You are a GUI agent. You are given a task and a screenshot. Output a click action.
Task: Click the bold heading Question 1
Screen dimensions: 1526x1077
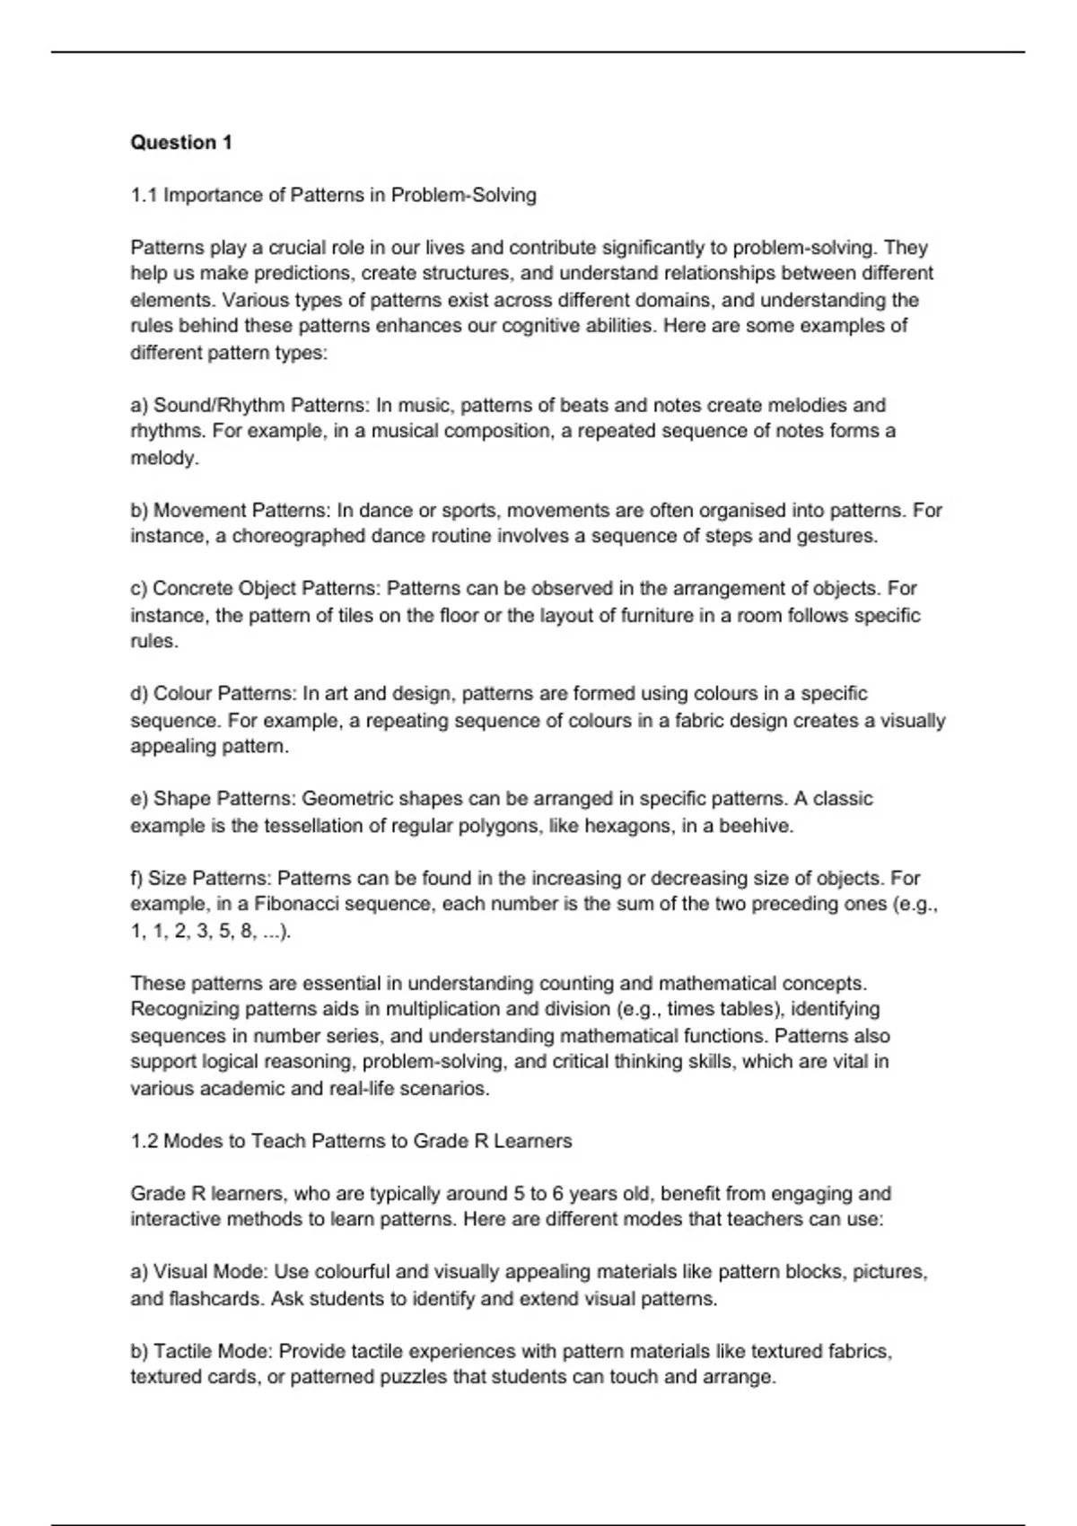[181, 143]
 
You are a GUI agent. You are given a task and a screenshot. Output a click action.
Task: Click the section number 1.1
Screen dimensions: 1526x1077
[144, 196]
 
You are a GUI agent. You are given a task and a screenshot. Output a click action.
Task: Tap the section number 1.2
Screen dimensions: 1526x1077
[144, 1142]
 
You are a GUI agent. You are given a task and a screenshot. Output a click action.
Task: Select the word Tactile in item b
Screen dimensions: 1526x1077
[183, 1352]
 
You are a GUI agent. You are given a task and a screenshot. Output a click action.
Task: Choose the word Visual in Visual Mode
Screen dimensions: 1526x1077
[181, 1273]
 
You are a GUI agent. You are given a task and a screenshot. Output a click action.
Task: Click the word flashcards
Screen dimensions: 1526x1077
[215, 1299]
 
